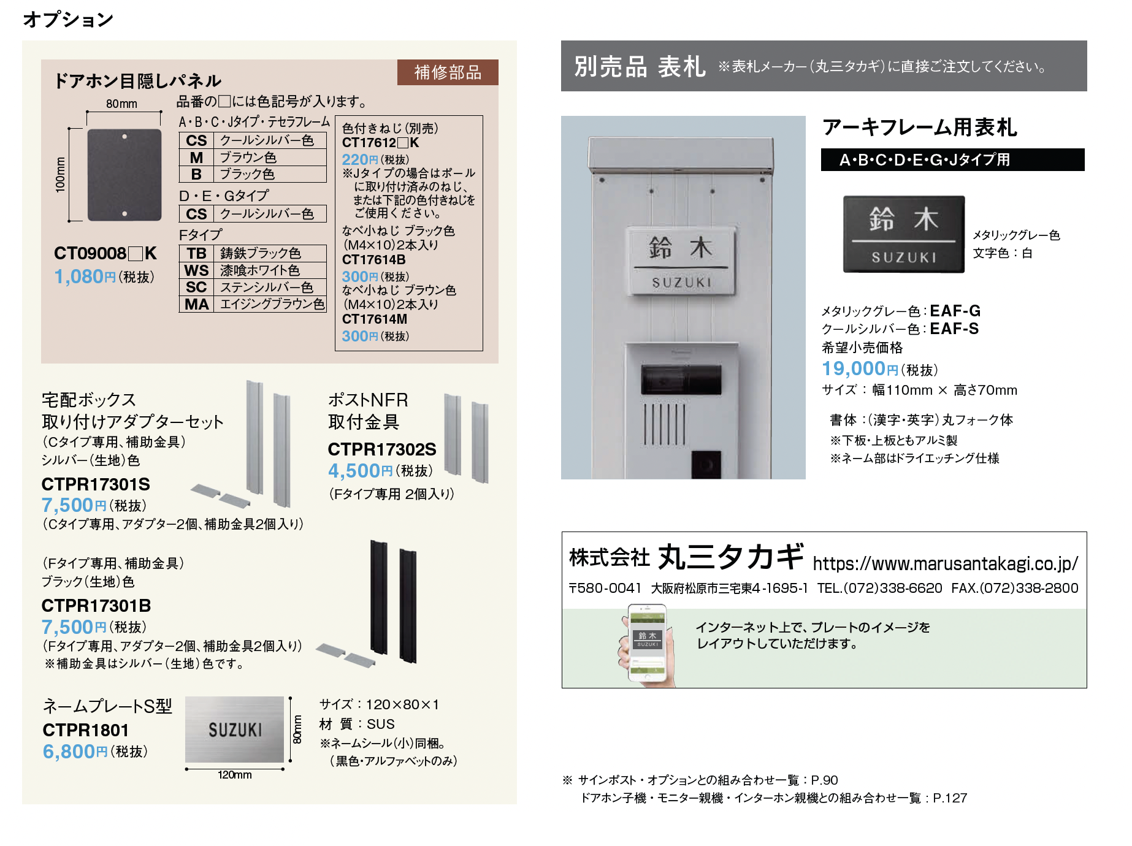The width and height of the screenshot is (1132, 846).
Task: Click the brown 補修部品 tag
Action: pos(448,72)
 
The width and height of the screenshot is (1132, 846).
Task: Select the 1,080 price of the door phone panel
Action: pos(79,276)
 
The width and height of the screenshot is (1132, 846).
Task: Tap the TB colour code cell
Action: pos(196,253)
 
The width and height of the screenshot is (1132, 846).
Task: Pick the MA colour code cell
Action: pos(196,304)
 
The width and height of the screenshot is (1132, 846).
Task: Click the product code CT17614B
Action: pos(374,260)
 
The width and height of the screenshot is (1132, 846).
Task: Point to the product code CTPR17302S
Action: pos(382,449)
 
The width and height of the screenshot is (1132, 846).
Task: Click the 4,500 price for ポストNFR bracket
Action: pos(354,471)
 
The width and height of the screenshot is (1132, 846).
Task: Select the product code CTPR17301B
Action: pos(96,606)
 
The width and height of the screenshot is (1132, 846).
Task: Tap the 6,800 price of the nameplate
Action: pos(69,752)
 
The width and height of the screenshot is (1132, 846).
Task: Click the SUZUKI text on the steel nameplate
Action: pos(235,730)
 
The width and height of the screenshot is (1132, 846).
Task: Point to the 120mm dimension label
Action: pos(234,775)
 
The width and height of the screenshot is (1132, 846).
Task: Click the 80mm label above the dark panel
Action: pos(121,104)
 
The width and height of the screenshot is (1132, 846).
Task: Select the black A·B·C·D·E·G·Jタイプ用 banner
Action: pos(952,160)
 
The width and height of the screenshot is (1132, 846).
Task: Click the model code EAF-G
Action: pos(955,311)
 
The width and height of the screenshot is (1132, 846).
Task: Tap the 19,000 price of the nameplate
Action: pos(853,368)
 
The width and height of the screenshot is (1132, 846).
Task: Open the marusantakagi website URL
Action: pos(945,563)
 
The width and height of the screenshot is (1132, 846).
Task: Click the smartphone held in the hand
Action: pos(647,642)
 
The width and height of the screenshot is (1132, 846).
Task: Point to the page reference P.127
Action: pos(950,798)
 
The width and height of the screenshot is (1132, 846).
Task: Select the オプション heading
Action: pos(68,20)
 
